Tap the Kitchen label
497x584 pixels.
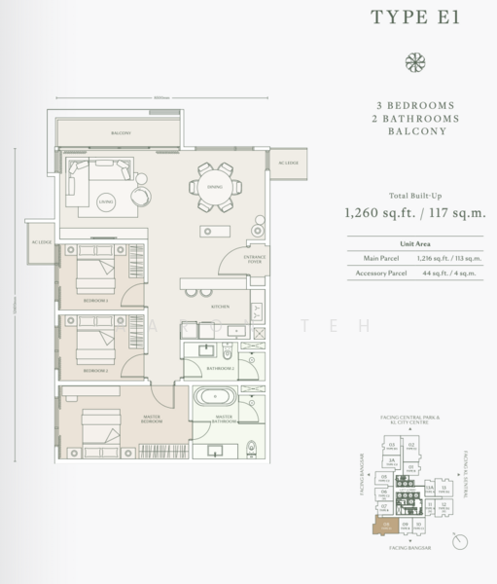220,307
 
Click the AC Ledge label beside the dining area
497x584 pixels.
289,163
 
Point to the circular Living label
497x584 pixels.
106,201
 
